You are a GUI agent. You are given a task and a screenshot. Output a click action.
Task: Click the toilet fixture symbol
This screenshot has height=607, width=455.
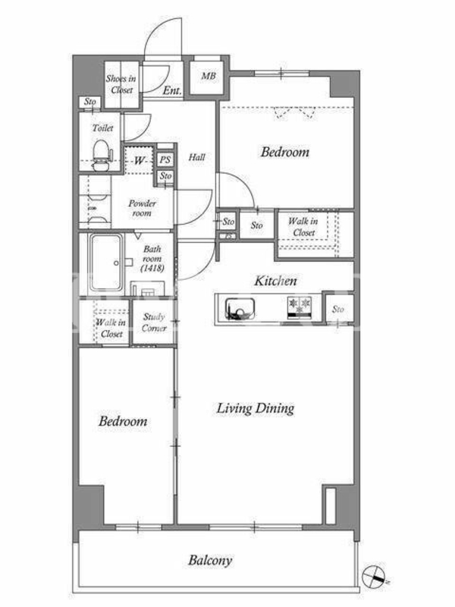point(102,155)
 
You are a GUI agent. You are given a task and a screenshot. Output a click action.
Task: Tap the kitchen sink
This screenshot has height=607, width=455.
point(240,309)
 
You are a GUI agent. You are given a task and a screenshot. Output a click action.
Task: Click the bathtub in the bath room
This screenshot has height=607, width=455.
point(106,263)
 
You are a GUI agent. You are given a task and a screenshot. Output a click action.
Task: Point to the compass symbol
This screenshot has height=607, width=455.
point(374,575)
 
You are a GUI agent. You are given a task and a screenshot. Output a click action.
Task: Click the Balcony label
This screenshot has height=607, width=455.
point(210,561)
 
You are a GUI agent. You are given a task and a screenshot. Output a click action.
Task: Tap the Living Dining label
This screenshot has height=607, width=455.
point(255,408)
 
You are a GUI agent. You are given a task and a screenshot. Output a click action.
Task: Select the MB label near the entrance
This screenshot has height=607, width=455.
point(208,77)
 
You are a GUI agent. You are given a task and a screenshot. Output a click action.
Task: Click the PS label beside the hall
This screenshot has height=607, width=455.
point(165,159)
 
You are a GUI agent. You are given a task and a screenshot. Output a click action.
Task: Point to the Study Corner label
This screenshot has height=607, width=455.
point(154,322)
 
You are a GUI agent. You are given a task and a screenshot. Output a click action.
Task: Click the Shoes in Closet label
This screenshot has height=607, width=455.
point(121,84)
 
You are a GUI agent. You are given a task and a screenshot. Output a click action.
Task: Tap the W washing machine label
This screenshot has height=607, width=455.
point(139,160)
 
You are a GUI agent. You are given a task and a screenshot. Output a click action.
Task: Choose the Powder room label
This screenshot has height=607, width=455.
point(142,208)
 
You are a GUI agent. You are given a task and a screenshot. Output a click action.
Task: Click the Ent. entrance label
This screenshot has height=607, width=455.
point(172,90)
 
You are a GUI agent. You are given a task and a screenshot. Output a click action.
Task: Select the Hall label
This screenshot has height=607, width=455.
point(196,157)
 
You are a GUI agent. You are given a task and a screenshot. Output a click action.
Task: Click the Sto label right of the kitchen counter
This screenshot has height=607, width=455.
point(337,309)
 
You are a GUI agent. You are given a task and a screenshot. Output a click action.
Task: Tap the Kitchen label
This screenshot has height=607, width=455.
point(275,281)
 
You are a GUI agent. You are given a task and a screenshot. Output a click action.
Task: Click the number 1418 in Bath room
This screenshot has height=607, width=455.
point(152,268)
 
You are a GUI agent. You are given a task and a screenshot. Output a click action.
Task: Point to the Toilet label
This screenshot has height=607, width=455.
point(102,127)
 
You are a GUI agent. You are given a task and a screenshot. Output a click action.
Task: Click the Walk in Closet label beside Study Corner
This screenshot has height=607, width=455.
point(111,328)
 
